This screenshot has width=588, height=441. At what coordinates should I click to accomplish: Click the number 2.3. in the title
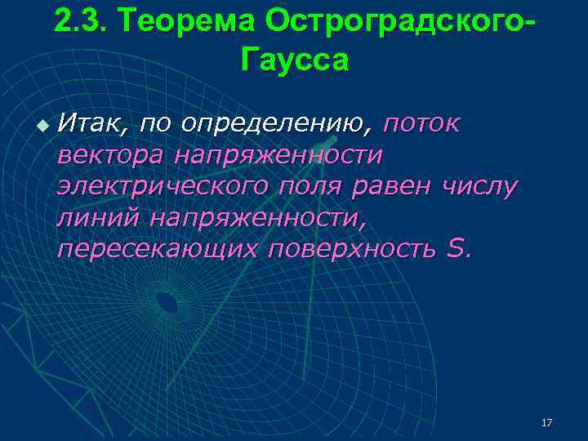point(80,22)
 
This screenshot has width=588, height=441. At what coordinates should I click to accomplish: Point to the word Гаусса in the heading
point(294,60)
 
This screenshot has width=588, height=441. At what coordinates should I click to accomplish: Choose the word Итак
point(91,123)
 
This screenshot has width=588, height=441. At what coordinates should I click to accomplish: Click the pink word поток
point(421,123)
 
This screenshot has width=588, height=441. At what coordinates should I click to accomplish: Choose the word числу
point(479,186)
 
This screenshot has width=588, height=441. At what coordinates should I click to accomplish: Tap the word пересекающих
point(158,248)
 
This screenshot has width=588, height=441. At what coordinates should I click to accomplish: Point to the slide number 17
point(546,422)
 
